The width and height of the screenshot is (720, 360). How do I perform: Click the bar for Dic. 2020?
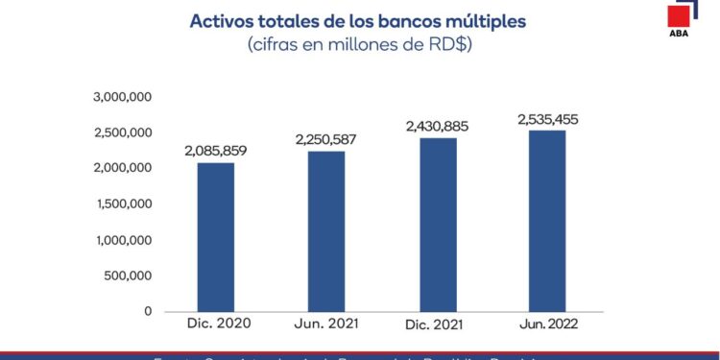point(215,237)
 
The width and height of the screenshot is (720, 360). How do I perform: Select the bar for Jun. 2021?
point(325,231)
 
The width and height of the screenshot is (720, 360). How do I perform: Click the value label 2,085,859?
point(216,151)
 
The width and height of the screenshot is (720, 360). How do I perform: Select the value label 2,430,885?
point(438,126)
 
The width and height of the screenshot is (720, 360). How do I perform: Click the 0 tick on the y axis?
point(148,311)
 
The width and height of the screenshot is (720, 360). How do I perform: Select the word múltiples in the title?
point(484,21)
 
